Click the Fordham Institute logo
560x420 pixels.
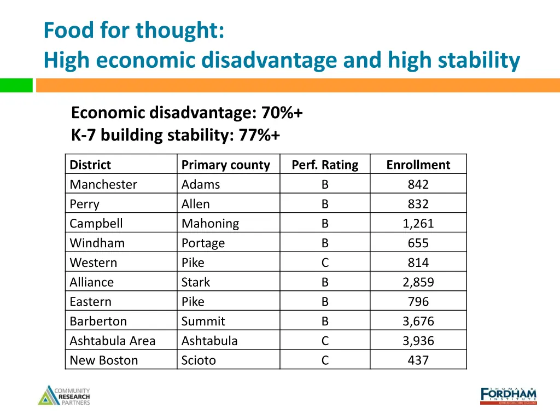click(x=508, y=395)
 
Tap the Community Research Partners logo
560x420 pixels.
click(x=64, y=395)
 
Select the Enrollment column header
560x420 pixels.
click(x=418, y=165)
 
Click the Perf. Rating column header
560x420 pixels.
click(x=325, y=165)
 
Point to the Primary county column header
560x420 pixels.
click(x=225, y=165)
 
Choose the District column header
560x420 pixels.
click(x=90, y=165)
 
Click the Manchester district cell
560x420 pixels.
click(x=103, y=184)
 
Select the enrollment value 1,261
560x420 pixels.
click(x=418, y=224)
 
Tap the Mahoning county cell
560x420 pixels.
click(x=210, y=224)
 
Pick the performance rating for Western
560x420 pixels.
click(x=325, y=262)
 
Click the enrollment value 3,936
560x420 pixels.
click(x=418, y=341)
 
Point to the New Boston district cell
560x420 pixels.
click(x=104, y=360)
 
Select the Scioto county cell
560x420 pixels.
click(x=199, y=360)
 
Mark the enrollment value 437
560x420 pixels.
click(x=418, y=360)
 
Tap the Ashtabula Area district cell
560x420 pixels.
click(x=113, y=341)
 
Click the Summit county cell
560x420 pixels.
click(x=203, y=321)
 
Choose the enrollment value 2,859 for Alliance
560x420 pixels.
click(x=418, y=282)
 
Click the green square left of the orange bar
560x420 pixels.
click(x=16, y=85)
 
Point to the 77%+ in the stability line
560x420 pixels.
click(x=259, y=135)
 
